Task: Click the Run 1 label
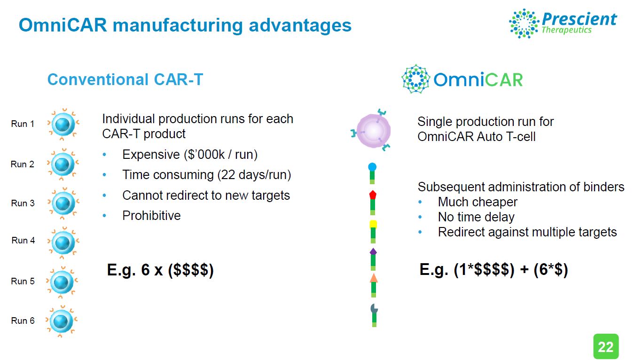[x=23, y=124]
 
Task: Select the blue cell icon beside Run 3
[x=63, y=203]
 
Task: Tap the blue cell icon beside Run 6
[x=62, y=321]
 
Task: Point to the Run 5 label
[x=23, y=281]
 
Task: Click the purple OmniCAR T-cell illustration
[x=371, y=130]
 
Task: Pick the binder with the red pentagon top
[x=373, y=203]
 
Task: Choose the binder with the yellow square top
[x=373, y=232]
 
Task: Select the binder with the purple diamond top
[x=373, y=259]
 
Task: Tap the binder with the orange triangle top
[x=374, y=285]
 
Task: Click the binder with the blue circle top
[x=372, y=173]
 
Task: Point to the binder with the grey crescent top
[x=374, y=315]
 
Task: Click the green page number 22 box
[x=606, y=346]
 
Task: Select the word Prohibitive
[x=151, y=216]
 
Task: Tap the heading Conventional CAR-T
[x=125, y=79]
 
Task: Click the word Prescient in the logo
[x=579, y=19]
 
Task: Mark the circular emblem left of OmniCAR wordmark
[x=415, y=79]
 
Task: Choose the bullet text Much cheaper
[x=478, y=202]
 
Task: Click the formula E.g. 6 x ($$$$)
[x=160, y=270]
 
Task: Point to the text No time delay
[x=476, y=217]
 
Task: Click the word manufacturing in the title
[x=178, y=25]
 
